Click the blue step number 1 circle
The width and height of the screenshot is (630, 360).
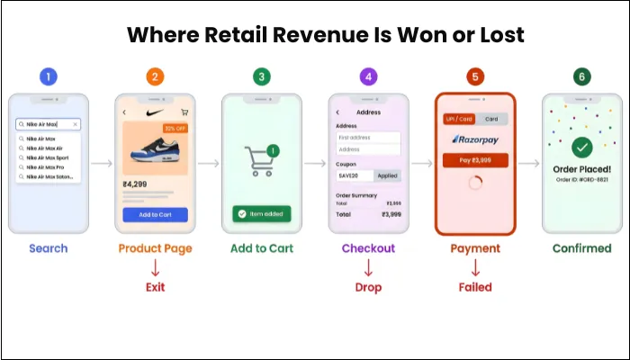(x=49, y=76)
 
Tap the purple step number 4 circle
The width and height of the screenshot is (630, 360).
(x=368, y=76)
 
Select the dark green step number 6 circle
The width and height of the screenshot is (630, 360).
(x=581, y=76)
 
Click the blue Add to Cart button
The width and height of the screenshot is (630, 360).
(x=156, y=214)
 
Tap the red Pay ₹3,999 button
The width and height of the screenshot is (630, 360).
(x=475, y=159)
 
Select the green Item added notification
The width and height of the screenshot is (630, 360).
(x=262, y=213)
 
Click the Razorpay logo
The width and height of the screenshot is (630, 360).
(x=475, y=139)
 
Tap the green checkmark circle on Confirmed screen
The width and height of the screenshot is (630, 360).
(x=581, y=147)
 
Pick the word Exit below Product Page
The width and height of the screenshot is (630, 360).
(x=156, y=287)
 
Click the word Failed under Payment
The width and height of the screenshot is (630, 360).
(x=475, y=287)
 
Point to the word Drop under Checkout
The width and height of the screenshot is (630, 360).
(x=368, y=287)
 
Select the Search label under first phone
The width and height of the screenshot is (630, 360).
(x=49, y=248)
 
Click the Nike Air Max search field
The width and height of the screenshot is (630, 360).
(x=49, y=124)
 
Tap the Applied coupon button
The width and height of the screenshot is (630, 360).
(x=388, y=175)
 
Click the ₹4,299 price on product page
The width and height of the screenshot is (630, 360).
(x=136, y=184)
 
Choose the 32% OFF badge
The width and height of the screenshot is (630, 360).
(x=175, y=129)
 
